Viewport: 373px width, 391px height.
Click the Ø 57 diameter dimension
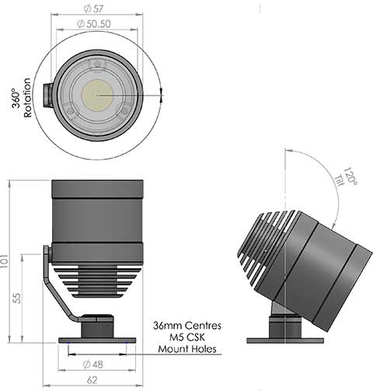pyautogui.click(x=97, y=9)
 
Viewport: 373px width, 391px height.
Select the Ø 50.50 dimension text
pyautogui.click(x=97, y=25)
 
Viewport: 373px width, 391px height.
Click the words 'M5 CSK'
pyautogui.click(x=186, y=337)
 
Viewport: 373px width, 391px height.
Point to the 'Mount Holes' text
pyautogui.click(x=186, y=350)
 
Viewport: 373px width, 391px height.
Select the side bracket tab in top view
pyautogui.click(x=47, y=96)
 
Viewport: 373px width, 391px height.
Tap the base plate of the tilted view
pyautogui.click(x=284, y=340)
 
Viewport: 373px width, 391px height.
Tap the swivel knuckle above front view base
pyautogui.click(x=97, y=321)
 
